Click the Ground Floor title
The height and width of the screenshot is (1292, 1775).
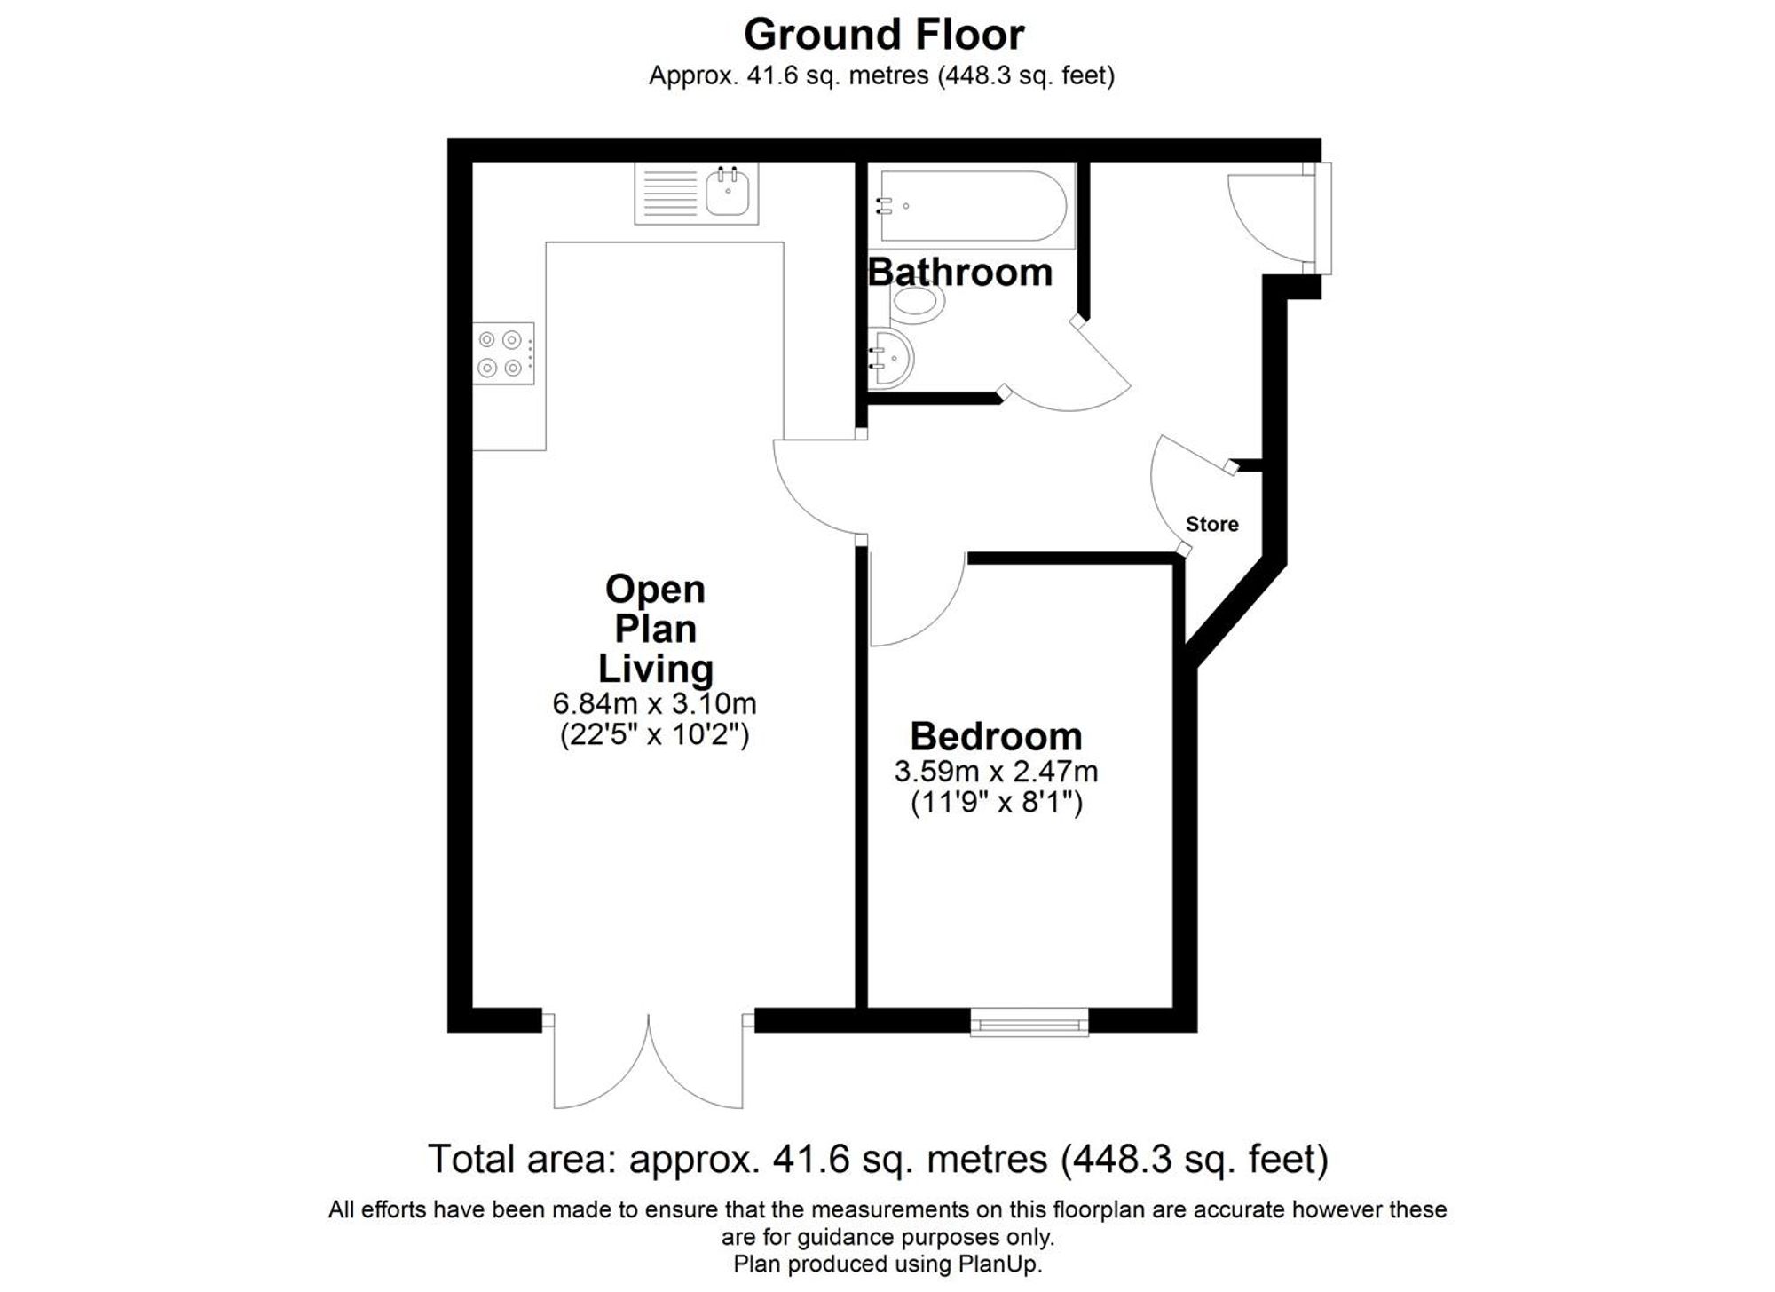884,35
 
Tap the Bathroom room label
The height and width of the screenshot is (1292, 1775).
960,272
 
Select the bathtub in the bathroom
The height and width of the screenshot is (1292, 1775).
973,206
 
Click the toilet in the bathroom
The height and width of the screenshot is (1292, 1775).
917,302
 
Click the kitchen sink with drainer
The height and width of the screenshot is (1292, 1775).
697,194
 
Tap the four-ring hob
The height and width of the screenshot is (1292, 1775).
502,353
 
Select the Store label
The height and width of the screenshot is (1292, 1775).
1211,524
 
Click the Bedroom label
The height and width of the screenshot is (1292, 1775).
996,737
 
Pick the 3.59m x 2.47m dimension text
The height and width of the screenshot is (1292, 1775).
996,772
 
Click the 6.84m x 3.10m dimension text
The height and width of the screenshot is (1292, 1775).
654,703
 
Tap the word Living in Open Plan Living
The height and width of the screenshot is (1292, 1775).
655,668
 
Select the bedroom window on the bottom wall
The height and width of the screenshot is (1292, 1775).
1029,1022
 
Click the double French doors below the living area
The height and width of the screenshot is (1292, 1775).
648,1066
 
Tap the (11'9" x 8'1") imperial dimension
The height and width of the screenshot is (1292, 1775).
996,804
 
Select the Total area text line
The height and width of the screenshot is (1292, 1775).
878,1159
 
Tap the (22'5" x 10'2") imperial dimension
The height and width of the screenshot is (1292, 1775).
654,735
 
